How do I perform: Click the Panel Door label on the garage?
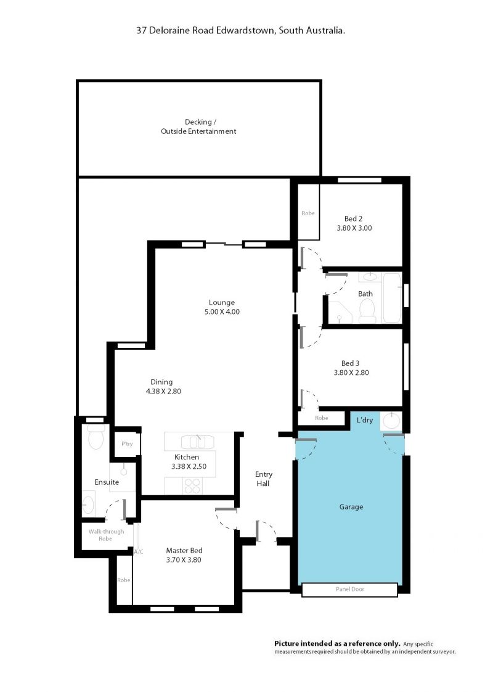(349, 589)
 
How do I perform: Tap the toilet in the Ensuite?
(96, 437)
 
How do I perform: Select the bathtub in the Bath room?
(391, 297)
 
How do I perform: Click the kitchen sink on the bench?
(198, 442)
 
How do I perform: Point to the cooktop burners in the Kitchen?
(193, 486)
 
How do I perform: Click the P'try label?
(127, 443)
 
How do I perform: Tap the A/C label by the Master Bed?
(139, 551)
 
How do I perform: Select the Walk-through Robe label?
(106, 535)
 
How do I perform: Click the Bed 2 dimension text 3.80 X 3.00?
(354, 228)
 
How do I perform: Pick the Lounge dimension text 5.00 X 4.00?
(222, 311)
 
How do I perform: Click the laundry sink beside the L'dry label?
(391, 421)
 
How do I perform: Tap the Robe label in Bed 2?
(308, 213)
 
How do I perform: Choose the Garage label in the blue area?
(351, 506)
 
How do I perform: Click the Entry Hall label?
(263, 479)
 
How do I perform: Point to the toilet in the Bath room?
(367, 310)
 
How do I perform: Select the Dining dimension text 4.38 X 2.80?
(163, 391)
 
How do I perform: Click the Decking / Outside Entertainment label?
(198, 126)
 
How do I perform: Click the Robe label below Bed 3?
(322, 418)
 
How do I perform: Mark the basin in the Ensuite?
(88, 505)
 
